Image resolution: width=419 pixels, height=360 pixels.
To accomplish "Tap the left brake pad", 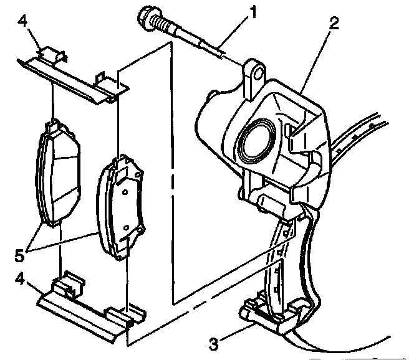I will [57, 174].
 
